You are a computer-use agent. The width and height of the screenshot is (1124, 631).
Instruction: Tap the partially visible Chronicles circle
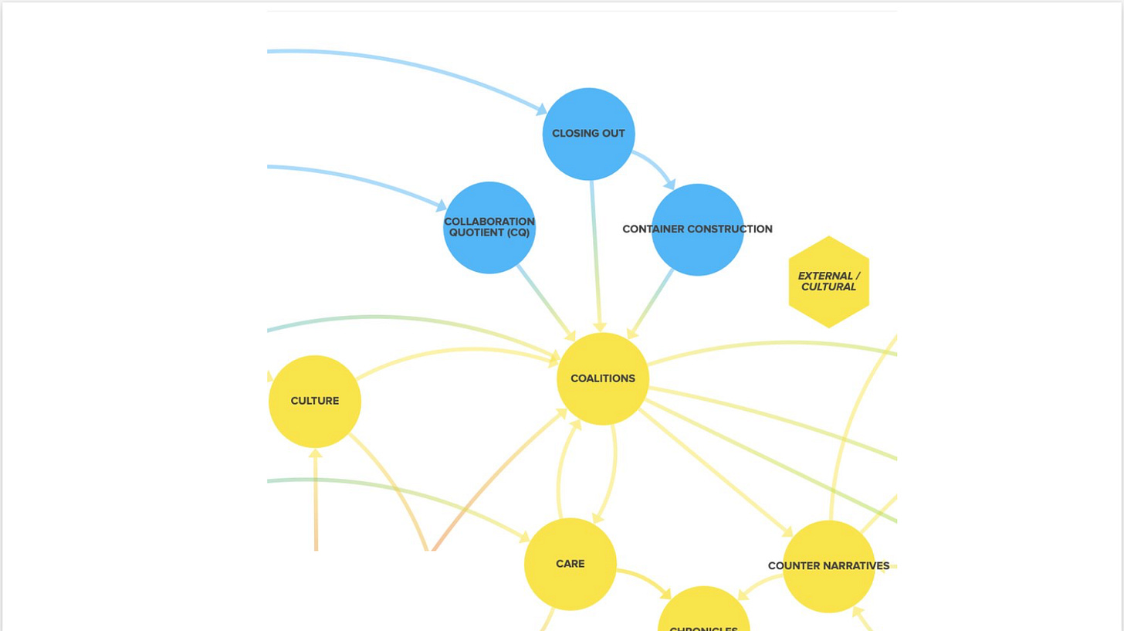[703, 614]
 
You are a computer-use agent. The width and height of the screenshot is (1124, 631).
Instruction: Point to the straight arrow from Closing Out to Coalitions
[595, 255]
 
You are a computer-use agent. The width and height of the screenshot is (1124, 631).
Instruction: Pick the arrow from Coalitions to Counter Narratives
[714, 471]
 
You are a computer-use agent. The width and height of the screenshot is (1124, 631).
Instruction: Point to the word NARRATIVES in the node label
[856, 566]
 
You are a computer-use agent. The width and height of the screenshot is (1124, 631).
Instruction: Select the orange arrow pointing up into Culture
[315, 502]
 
